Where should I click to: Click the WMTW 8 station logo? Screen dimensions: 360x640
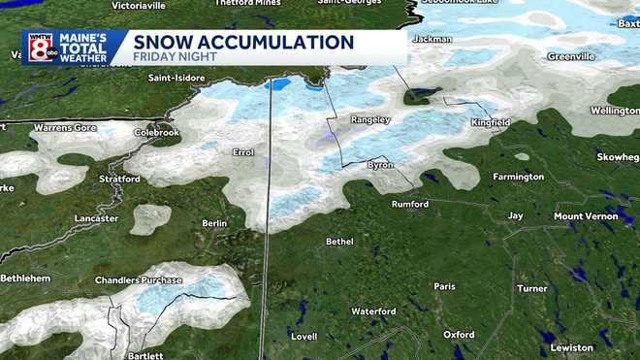[42, 49]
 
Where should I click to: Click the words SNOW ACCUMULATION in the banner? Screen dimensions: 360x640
[242, 43]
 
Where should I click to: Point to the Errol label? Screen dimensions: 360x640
[242, 152]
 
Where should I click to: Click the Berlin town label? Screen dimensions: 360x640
[214, 223]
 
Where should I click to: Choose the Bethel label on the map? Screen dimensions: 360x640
[339, 241]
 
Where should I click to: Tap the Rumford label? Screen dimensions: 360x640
[409, 205]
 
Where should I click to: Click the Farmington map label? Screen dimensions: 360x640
[518, 177]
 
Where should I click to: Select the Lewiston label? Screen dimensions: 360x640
[572, 347]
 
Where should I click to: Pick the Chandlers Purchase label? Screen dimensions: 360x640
[138, 280]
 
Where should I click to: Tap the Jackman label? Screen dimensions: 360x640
[432, 40]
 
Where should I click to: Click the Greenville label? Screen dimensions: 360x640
[569, 56]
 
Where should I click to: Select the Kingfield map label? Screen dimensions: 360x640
[490, 123]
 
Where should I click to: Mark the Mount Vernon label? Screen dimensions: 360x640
[585, 215]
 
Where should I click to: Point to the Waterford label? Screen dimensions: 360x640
[373, 311]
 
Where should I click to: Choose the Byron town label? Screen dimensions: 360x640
[378, 167]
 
